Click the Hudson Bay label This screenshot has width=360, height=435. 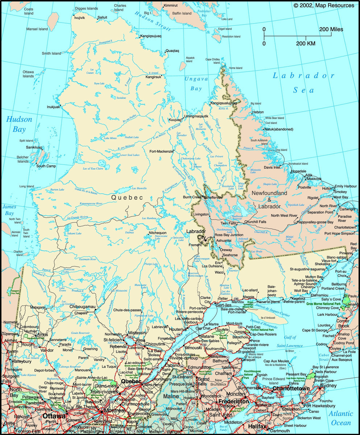19,124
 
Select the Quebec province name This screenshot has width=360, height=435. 127,197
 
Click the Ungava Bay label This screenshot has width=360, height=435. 196,83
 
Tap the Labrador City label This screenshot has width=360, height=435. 196,234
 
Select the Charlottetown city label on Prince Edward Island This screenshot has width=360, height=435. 291,389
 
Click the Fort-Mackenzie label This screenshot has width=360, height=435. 161,151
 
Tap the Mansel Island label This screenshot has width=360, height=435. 37,29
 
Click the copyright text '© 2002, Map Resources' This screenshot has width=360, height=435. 324,5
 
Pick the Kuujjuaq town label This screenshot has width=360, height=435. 175,120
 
